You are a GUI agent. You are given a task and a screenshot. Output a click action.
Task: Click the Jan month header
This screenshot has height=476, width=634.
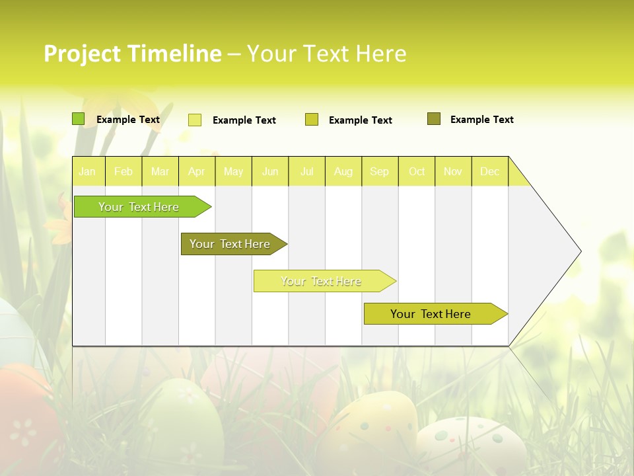tap(87, 171)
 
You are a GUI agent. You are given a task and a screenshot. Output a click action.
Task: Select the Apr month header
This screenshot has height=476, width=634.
tap(196, 171)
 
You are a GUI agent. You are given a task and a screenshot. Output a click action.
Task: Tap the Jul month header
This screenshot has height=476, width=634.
tap(306, 171)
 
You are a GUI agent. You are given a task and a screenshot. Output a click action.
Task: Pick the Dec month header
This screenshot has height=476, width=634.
tap(489, 171)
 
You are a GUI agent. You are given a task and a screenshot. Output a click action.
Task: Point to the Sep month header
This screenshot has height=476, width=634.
tap(379, 171)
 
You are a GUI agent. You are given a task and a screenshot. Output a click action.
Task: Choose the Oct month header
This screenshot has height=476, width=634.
tap(417, 171)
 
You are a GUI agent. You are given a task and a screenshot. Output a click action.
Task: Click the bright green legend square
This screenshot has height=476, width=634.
tap(78, 119)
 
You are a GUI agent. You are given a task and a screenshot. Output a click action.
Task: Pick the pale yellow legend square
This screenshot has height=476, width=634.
tap(195, 120)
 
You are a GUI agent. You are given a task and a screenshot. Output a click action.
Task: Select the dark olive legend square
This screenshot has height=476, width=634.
tap(434, 119)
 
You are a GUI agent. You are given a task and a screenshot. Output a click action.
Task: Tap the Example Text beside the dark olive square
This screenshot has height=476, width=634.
tap(481, 120)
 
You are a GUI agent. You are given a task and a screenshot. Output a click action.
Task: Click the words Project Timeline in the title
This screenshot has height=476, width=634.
tap(132, 54)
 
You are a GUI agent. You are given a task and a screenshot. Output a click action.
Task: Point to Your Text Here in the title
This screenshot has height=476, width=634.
tap(326, 54)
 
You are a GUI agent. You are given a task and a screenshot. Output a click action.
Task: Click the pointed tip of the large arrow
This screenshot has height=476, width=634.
tap(580, 251)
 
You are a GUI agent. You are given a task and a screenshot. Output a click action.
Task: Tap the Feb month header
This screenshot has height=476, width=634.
tap(123, 171)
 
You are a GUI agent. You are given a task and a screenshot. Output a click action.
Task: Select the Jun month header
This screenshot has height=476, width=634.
tap(270, 171)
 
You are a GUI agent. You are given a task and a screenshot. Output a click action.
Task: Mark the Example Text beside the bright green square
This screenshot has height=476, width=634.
tap(127, 120)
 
